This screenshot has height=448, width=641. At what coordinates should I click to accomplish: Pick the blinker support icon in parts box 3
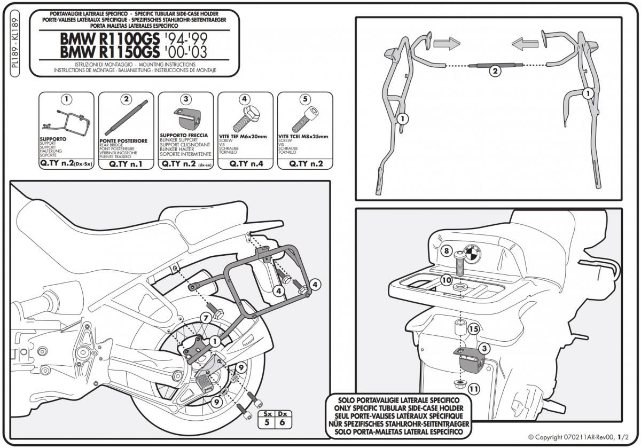[185, 118]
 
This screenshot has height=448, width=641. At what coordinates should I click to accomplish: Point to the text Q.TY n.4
[245, 164]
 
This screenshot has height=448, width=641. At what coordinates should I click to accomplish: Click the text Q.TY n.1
[126, 164]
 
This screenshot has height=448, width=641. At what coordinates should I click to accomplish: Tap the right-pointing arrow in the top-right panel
[448, 42]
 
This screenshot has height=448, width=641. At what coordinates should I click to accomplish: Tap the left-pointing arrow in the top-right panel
[524, 42]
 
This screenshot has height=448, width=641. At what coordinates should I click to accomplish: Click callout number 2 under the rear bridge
[495, 71]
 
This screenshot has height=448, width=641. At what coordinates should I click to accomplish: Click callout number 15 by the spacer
[473, 329]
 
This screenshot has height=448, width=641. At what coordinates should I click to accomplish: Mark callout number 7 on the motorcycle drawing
[205, 319]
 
